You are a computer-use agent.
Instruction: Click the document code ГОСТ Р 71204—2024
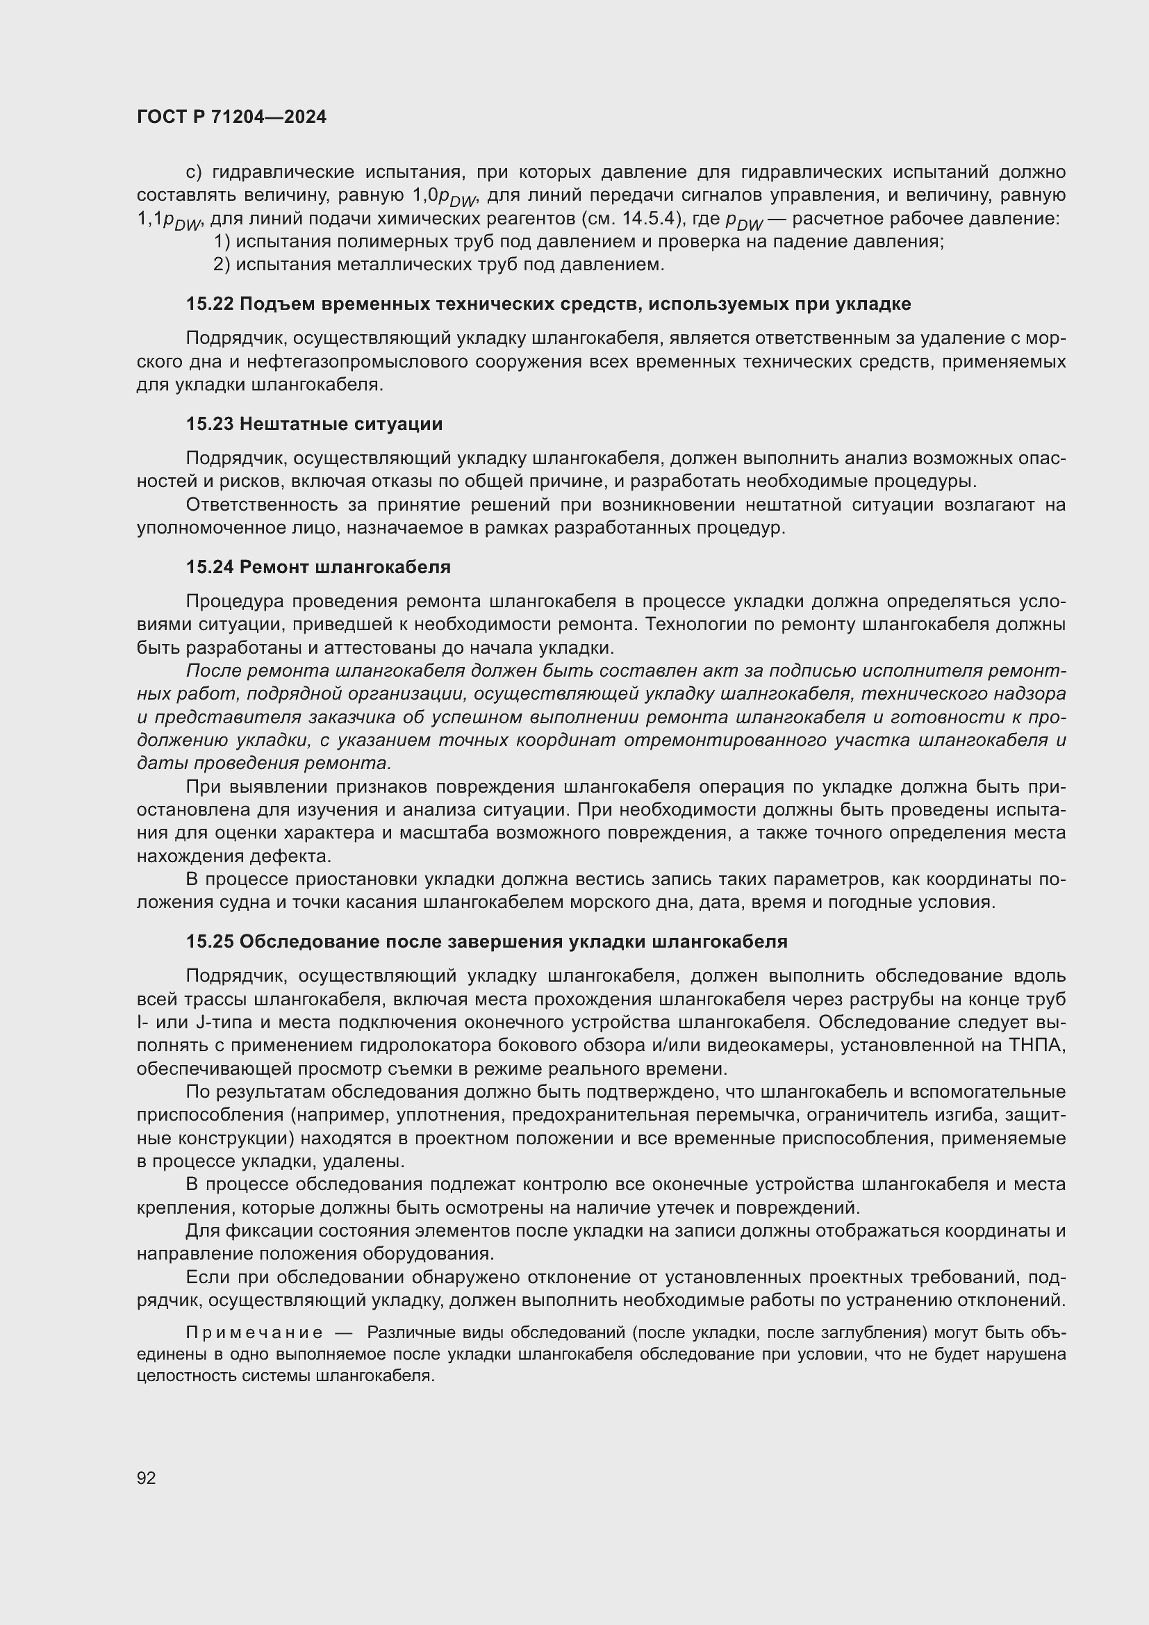point(231,117)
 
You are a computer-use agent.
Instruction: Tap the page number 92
point(146,1478)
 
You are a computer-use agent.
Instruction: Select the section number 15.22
point(210,304)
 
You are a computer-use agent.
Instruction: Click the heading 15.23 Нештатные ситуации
point(314,424)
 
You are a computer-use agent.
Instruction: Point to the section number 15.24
point(210,567)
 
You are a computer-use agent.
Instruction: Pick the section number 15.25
point(210,941)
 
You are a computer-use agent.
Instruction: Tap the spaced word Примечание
point(254,1333)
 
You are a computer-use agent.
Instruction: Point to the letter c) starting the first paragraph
point(194,172)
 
